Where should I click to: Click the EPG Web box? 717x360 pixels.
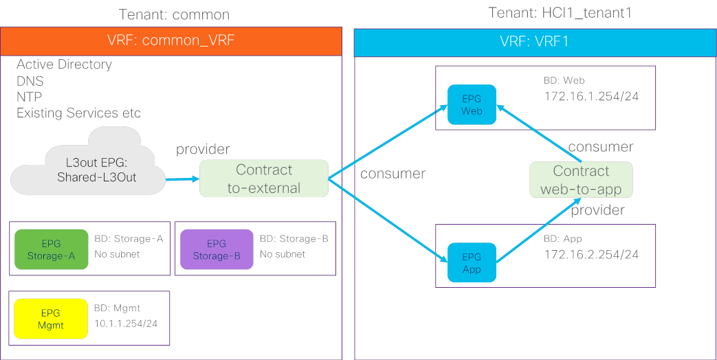472,105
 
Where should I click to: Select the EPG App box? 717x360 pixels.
472,263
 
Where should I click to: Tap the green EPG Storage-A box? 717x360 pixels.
51,249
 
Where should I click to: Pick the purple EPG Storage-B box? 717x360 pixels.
216,249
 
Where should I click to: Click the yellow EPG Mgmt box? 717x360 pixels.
51,319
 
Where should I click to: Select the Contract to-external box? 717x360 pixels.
264,179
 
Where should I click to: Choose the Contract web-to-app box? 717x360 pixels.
581,180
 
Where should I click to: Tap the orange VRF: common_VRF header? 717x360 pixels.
171,41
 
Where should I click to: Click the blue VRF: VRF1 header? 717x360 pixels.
534,42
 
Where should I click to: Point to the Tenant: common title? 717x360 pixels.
174,14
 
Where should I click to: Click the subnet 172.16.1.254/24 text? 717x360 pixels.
591,96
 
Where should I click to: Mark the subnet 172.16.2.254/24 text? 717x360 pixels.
591,255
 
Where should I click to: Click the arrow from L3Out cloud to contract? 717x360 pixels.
181,179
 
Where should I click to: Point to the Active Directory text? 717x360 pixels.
64,65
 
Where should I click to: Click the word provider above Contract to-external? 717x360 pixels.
203,149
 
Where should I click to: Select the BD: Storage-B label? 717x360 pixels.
294,239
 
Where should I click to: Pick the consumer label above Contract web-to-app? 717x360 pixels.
600,146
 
